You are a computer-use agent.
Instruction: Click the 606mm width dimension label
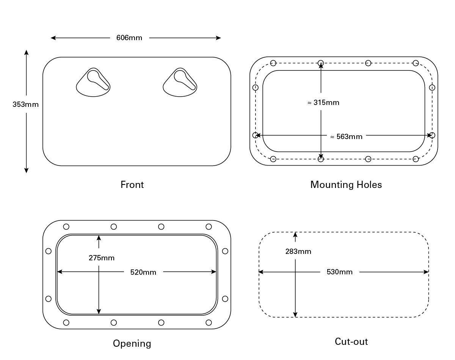coord(129,38)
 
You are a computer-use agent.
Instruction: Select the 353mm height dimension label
coord(26,104)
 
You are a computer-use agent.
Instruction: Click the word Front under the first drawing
coord(132,185)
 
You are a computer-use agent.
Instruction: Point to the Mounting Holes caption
coord(346,185)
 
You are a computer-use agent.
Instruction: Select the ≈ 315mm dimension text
coord(323,103)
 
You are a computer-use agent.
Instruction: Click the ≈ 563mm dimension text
coord(346,136)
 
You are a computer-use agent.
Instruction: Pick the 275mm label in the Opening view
coord(102,258)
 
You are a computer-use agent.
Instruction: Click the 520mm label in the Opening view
coord(143,272)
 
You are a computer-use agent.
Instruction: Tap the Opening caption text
coord(132,343)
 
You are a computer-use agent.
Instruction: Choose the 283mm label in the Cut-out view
coord(298,251)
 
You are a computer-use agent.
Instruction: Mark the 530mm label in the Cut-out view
coord(339,272)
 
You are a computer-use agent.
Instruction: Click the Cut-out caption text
coord(351,341)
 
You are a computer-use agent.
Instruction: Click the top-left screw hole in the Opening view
coord(66,227)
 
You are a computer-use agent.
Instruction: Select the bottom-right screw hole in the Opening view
coord(209,322)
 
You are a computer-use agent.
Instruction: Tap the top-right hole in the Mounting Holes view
coord(416,63)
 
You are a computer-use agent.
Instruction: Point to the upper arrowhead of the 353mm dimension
coord(26,52)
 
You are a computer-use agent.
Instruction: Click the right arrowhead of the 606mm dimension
coord(218,38)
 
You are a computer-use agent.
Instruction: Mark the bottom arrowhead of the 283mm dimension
coord(295,314)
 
